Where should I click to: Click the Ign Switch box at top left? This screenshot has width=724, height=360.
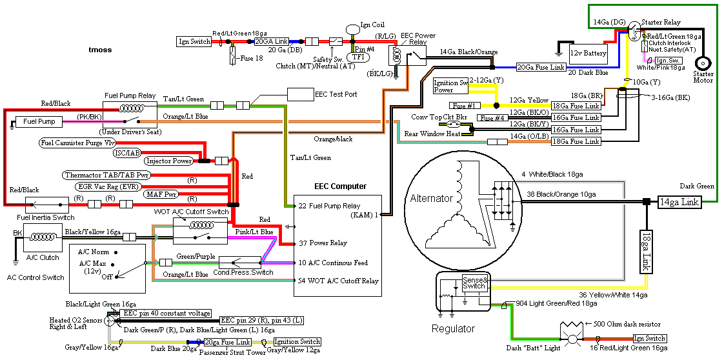pos(194,42)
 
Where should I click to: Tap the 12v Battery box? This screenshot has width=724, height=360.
pos(587,53)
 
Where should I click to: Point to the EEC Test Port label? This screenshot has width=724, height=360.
pos(336,94)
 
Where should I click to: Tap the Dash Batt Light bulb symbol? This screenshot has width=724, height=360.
pos(570,338)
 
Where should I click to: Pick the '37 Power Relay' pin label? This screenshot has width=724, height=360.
pos(323,243)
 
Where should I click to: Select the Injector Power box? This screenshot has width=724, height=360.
pos(168,161)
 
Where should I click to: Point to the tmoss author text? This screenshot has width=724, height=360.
pos(99,49)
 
